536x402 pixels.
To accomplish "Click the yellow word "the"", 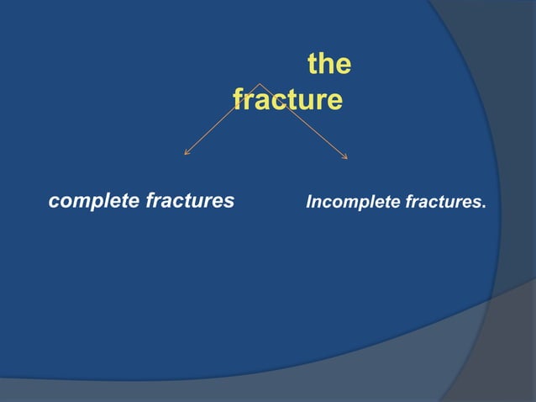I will point(329,65).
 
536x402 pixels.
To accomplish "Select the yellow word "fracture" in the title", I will point(287,100).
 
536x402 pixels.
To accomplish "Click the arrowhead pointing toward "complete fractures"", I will point(186,153).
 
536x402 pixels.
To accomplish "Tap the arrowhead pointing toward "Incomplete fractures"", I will point(345,156).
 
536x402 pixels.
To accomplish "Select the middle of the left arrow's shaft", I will point(223,119).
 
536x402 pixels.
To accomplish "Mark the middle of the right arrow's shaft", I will point(303,120).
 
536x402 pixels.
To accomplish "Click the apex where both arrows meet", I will point(260,83).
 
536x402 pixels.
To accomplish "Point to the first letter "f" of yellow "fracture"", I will point(238,100).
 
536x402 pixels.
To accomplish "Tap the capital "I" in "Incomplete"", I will point(308,203).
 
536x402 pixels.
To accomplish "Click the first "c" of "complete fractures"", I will point(54,203).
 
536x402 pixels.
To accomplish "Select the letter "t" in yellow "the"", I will point(312,65).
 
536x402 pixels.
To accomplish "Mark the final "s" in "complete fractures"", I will point(229,203).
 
